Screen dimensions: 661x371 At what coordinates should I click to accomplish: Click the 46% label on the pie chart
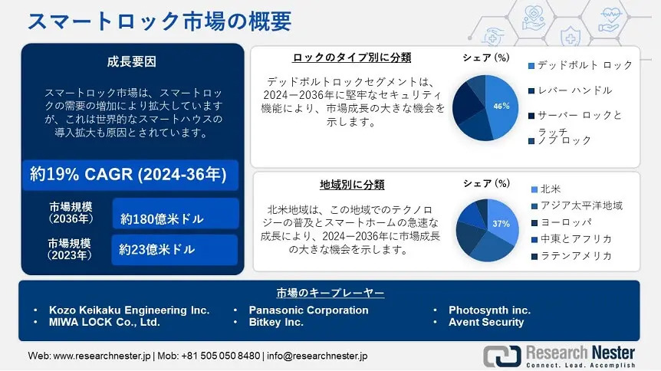click(x=502, y=107)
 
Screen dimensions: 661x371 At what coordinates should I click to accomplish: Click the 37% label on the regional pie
click(x=501, y=224)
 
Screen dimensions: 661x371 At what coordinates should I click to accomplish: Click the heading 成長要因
click(x=132, y=61)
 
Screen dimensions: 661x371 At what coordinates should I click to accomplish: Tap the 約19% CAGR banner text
click(x=128, y=174)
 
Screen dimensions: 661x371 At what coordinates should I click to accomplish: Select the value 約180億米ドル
click(x=162, y=218)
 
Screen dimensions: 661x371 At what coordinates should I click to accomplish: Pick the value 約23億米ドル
click(x=157, y=250)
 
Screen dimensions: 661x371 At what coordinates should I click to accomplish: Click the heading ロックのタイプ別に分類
click(x=351, y=57)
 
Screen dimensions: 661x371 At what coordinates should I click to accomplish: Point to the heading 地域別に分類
click(x=352, y=185)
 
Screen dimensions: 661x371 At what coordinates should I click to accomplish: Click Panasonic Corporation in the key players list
click(x=308, y=310)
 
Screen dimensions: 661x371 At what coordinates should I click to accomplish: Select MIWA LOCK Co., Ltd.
click(x=104, y=323)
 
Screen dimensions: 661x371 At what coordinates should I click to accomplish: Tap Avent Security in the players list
click(x=486, y=323)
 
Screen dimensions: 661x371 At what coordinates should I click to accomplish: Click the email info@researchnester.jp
click(x=317, y=356)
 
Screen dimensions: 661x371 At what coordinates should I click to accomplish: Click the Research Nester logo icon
click(x=502, y=356)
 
